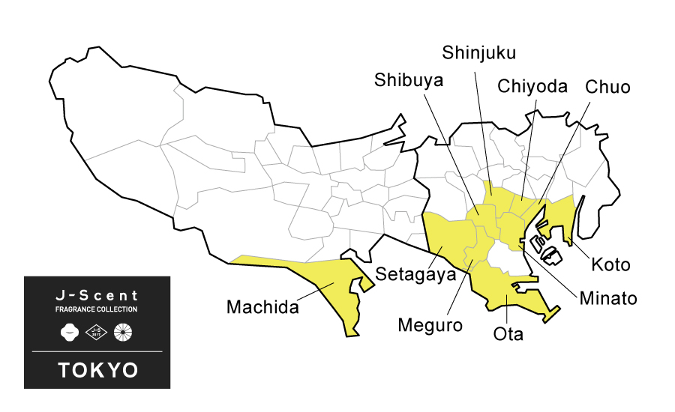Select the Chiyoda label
click(x=532, y=86)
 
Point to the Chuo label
click(x=607, y=87)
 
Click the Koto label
click(x=610, y=264)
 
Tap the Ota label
click(x=508, y=333)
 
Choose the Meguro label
click(x=430, y=325)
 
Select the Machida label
click(x=262, y=307)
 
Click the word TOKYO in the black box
click(x=97, y=369)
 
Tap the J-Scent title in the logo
click(x=97, y=295)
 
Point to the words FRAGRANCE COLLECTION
click(x=97, y=309)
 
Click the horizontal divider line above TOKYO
click(x=97, y=351)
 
